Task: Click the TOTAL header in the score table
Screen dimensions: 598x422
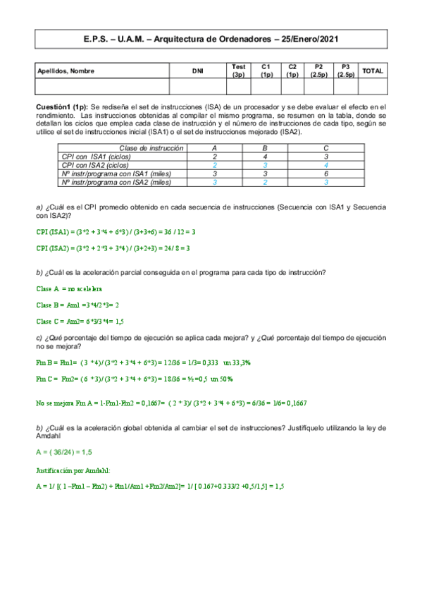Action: point(373,71)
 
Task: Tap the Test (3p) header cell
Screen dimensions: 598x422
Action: point(238,71)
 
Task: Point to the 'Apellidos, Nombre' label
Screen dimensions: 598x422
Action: point(66,71)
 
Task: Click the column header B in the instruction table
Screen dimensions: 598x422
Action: point(265,148)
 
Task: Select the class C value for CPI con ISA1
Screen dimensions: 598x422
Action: point(326,157)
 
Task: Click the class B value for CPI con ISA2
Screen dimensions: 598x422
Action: point(265,165)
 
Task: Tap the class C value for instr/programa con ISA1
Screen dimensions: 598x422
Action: point(326,173)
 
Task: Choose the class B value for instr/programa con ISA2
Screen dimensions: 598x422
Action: point(265,182)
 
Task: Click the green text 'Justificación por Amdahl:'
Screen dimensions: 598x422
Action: point(71,468)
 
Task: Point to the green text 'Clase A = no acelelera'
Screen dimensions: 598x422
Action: point(69,288)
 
